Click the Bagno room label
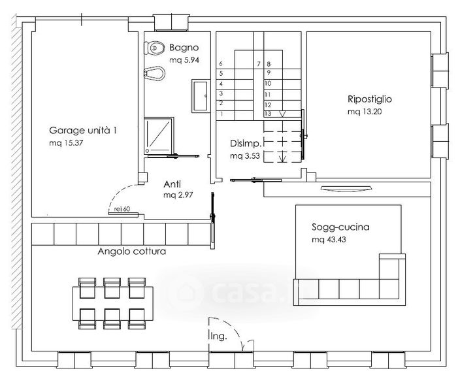[x=184, y=48]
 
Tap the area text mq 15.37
[x=66, y=142]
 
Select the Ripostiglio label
[x=370, y=99]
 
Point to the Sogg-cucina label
[x=340, y=227]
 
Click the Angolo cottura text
[x=132, y=252]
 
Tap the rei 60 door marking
[x=122, y=208]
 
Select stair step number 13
[x=268, y=114]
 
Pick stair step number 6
[x=221, y=63]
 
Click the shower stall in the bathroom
[x=159, y=136]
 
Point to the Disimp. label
[x=246, y=143]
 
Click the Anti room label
[x=172, y=184]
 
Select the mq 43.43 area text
[x=329, y=240]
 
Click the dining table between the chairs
[x=113, y=304]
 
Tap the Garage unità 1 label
[x=83, y=131]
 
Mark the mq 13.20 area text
[x=365, y=112]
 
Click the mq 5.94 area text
[x=184, y=60]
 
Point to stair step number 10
[x=268, y=84]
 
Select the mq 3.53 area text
[x=245, y=156]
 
